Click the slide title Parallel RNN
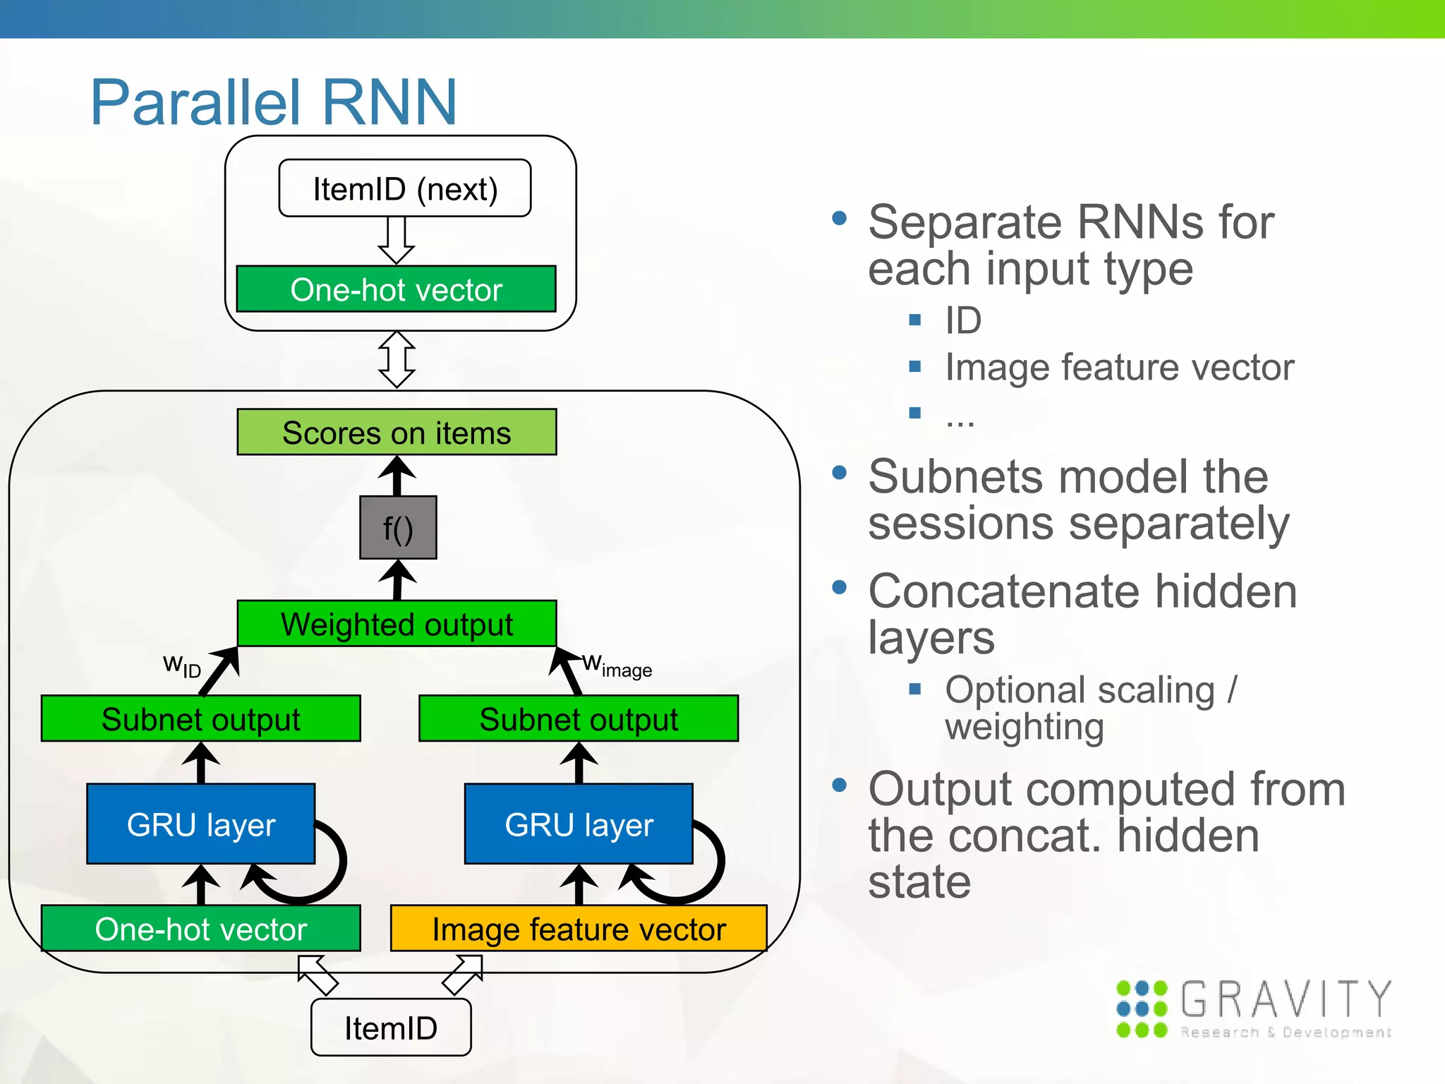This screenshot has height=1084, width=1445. [x=274, y=103]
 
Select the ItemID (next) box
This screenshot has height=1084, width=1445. [x=405, y=188]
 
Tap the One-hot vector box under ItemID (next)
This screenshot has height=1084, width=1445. [x=396, y=289]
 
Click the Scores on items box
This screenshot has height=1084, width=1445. [x=397, y=432]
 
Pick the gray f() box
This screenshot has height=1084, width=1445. [x=398, y=528]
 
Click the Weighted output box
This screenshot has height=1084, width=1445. [x=397, y=624]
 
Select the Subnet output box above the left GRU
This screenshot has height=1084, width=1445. [x=200, y=718]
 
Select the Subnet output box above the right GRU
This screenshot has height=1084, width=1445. [x=579, y=718]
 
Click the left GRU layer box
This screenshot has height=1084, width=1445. [x=200, y=824]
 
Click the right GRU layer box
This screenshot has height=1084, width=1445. [x=579, y=824]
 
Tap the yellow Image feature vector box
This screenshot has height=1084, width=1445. [x=579, y=929]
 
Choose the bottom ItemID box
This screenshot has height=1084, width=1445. [x=391, y=1028]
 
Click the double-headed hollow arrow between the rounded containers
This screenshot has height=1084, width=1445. [x=397, y=360]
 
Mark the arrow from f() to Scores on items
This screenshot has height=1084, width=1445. [x=397, y=476]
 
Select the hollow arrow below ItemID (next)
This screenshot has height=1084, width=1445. [x=397, y=241]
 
